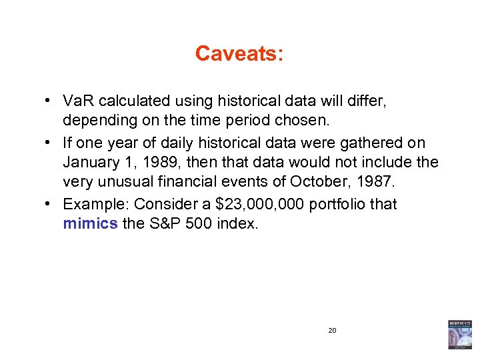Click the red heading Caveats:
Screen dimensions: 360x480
pyautogui.click(x=239, y=53)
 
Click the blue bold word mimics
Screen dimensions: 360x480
pyautogui.click(x=90, y=223)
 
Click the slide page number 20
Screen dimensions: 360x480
pyautogui.click(x=332, y=330)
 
